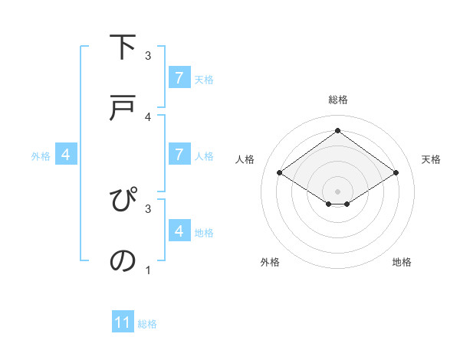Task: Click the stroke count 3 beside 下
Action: [148, 56]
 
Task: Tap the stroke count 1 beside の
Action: [148, 270]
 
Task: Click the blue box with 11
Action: [123, 322]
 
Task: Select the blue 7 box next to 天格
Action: [179, 77]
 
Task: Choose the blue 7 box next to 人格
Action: [179, 154]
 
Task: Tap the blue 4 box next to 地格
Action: [179, 231]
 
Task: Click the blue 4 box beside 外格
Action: [66, 155]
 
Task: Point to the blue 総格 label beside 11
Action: [147, 324]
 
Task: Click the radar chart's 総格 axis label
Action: [338, 100]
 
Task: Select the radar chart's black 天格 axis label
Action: [431, 159]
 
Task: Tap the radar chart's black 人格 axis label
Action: [245, 159]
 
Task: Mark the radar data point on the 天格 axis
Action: [396, 173]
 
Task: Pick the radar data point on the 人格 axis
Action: [280, 173]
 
